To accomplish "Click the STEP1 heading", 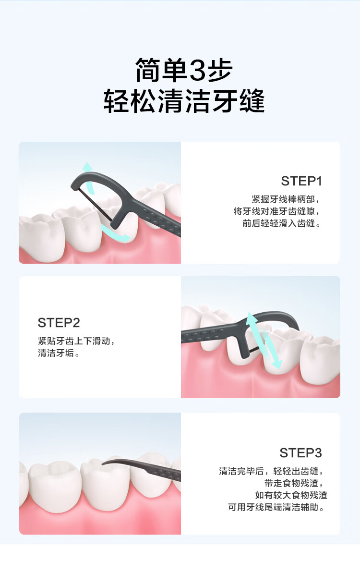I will pyautogui.click(x=301, y=181).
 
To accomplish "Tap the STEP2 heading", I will pyautogui.click(x=59, y=322).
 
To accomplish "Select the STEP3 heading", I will pyautogui.click(x=300, y=453).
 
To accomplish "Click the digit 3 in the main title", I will pyautogui.click(x=198, y=71).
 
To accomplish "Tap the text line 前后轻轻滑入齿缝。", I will pyautogui.click(x=281, y=223).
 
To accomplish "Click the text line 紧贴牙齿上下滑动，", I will pyautogui.click(x=77, y=341).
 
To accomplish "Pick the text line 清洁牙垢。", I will pyautogui.click(x=59, y=353).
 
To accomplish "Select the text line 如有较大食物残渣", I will pyautogui.click(x=291, y=495).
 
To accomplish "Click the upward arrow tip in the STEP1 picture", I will pyautogui.click(x=87, y=166).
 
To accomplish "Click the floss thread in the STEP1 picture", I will pyautogui.click(x=95, y=206).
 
